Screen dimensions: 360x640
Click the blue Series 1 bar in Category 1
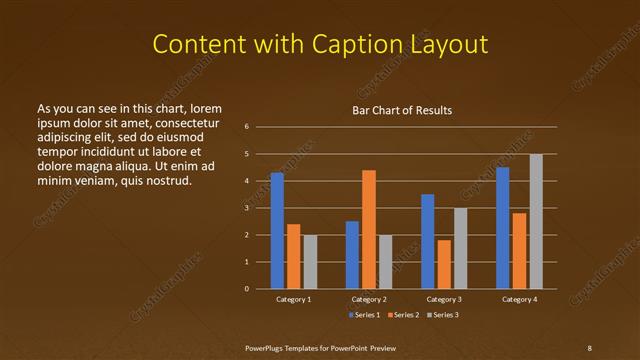click(x=277, y=230)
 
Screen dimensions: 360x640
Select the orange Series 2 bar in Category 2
click(x=369, y=229)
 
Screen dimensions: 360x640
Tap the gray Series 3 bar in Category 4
click(x=536, y=221)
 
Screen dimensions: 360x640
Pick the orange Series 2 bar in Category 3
click(x=444, y=264)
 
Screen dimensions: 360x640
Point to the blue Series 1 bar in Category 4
click(x=503, y=227)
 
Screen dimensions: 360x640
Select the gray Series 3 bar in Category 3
click(x=460, y=248)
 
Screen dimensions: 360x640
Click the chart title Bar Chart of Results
click(x=403, y=110)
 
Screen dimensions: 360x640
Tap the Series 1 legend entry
click(x=365, y=315)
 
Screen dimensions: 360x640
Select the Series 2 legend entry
click(x=403, y=315)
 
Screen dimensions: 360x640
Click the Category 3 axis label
click(x=444, y=299)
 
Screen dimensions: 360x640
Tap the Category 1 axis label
click(x=293, y=299)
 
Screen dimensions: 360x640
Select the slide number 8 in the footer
click(x=590, y=347)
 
